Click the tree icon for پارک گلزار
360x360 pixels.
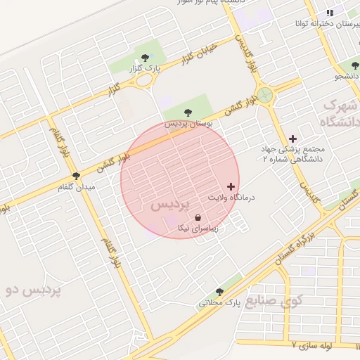(145, 58)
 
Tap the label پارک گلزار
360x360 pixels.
(144, 69)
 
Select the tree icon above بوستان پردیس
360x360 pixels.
(188, 112)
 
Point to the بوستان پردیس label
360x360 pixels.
(188, 123)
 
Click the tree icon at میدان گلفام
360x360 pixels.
(76, 176)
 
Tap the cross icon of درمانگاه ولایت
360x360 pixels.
(231, 186)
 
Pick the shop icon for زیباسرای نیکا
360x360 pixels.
(196, 218)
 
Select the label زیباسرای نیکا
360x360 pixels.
(196, 229)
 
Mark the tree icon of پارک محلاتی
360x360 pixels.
(219, 292)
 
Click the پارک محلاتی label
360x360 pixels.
(219, 303)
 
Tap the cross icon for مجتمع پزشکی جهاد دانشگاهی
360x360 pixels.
(292, 139)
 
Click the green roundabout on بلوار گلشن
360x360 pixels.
(265, 94)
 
